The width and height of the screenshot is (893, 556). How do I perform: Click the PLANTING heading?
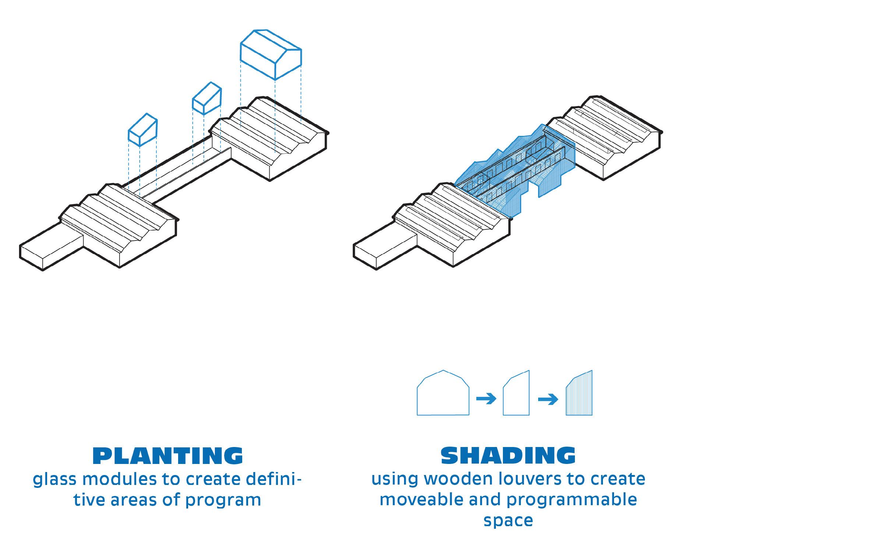tap(167, 455)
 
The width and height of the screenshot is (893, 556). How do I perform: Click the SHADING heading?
tap(508, 455)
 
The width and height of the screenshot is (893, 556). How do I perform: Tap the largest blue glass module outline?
tap(271, 55)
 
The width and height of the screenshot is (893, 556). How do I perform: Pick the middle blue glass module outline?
tap(207, 98)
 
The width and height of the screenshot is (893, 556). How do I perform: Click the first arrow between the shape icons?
tap(486, 398)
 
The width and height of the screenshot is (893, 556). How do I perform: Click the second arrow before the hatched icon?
tap(548, 399)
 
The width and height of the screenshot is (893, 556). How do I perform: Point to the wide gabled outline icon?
tap(443, 394)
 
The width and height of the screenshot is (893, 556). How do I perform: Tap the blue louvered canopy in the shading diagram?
tap(515, 166)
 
